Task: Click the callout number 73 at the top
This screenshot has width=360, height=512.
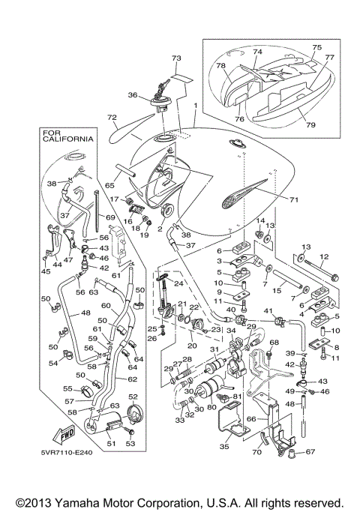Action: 176,58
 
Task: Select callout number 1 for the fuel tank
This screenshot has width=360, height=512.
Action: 195,106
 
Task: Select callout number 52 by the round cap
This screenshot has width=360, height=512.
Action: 132,397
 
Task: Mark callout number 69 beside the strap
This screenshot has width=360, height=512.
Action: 109,217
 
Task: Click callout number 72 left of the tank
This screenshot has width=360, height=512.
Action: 112,118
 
